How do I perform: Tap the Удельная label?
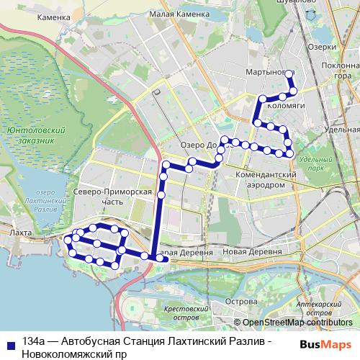(x=341, y=129)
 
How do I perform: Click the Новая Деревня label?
(x=252, y=252)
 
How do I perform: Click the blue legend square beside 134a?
(x=9, y=344)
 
